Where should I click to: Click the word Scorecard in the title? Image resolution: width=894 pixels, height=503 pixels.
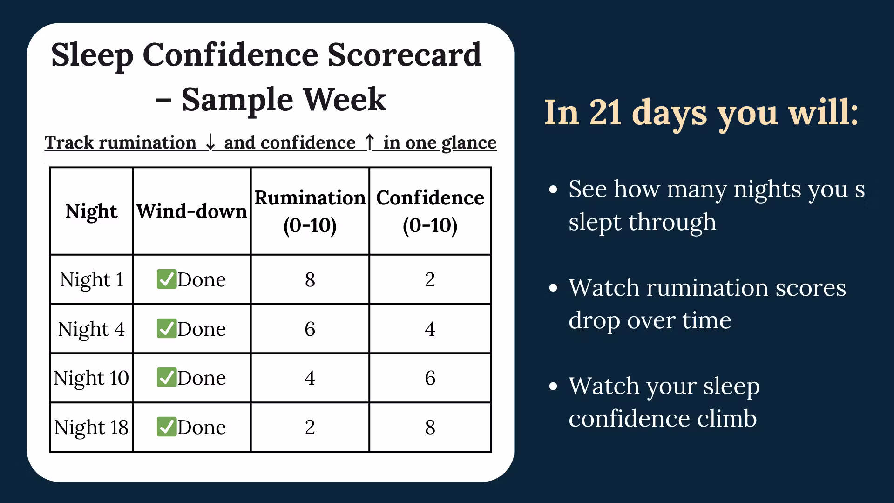[405, 54]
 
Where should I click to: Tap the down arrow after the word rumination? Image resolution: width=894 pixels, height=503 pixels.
[210, 142]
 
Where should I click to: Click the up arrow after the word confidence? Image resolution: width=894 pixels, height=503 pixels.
[369, 142]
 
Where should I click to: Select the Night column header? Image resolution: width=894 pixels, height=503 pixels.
[91, 212]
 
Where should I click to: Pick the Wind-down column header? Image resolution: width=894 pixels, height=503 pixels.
[191, 211]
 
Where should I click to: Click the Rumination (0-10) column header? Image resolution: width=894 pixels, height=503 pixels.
[310, 211]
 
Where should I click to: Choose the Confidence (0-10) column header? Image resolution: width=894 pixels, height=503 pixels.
[430, 211]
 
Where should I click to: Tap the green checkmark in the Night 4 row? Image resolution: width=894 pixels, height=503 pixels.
[166, 328]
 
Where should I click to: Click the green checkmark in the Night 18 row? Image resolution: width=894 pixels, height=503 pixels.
[166, 427]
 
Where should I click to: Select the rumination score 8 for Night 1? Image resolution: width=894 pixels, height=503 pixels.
[310, 280]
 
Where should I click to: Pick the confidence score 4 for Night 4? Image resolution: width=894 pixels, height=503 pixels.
[430, 329]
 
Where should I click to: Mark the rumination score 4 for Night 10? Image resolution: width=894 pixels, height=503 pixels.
[310, 378]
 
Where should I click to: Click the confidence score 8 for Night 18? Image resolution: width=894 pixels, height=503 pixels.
[430, 428]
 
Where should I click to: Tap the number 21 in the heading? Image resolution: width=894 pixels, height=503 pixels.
[606, 113]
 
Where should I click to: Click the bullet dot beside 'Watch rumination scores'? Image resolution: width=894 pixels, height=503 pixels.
[553, 288]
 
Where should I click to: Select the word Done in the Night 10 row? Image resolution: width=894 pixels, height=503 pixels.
[202, 378]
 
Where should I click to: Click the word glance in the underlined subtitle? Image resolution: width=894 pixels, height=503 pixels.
[469, 143]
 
